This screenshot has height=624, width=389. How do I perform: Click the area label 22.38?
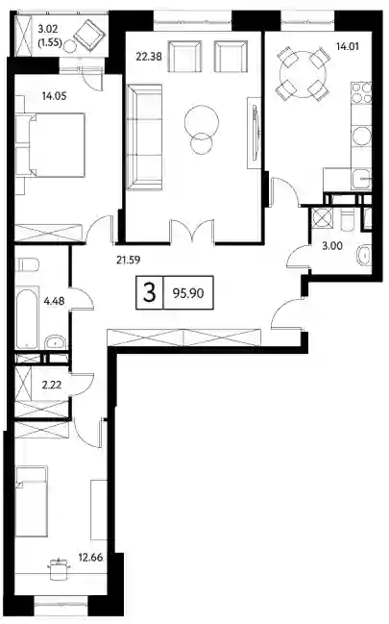[149, 57]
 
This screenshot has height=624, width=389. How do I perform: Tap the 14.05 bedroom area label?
[55, 96]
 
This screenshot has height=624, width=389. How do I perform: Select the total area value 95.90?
[188, 293]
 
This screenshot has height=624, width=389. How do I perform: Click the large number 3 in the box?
[150, 293]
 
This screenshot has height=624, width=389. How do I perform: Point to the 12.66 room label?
[90, 558]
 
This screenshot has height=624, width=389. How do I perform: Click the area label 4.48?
[54, 301]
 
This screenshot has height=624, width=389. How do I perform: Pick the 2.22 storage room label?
[52, 385]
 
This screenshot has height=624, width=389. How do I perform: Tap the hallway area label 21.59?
[129, 261]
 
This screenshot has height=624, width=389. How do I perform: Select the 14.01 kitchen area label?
[348, 46]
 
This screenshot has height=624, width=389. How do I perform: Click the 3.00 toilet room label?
[332, 246]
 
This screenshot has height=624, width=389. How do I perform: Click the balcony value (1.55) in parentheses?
[49, 42]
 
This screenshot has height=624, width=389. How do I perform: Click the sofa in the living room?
[144, 137]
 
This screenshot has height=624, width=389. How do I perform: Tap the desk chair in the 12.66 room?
[60, 568]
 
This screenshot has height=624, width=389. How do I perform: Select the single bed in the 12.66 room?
[32, 503]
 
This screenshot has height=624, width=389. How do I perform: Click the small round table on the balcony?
[70, 46]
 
